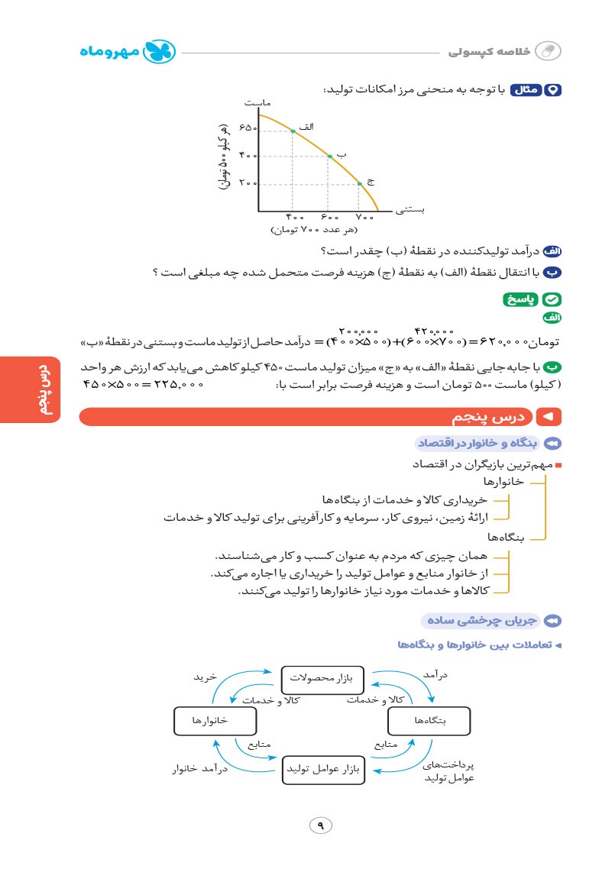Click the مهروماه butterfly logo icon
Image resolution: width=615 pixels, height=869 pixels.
coord(161,52)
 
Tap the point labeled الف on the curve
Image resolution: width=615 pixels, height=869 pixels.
coord(293,131)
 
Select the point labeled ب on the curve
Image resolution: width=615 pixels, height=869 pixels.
coord(329,156)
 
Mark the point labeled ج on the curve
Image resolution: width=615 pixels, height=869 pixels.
coord(358,184)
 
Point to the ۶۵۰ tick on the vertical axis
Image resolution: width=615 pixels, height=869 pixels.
coord(248,128)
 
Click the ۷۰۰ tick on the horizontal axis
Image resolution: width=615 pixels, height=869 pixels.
coord(364,218)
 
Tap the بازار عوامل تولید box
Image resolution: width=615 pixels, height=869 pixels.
coord(322,769)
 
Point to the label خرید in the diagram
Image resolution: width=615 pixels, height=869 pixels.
coord(205,677)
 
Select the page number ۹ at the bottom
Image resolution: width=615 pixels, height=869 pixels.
coord(321,825)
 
